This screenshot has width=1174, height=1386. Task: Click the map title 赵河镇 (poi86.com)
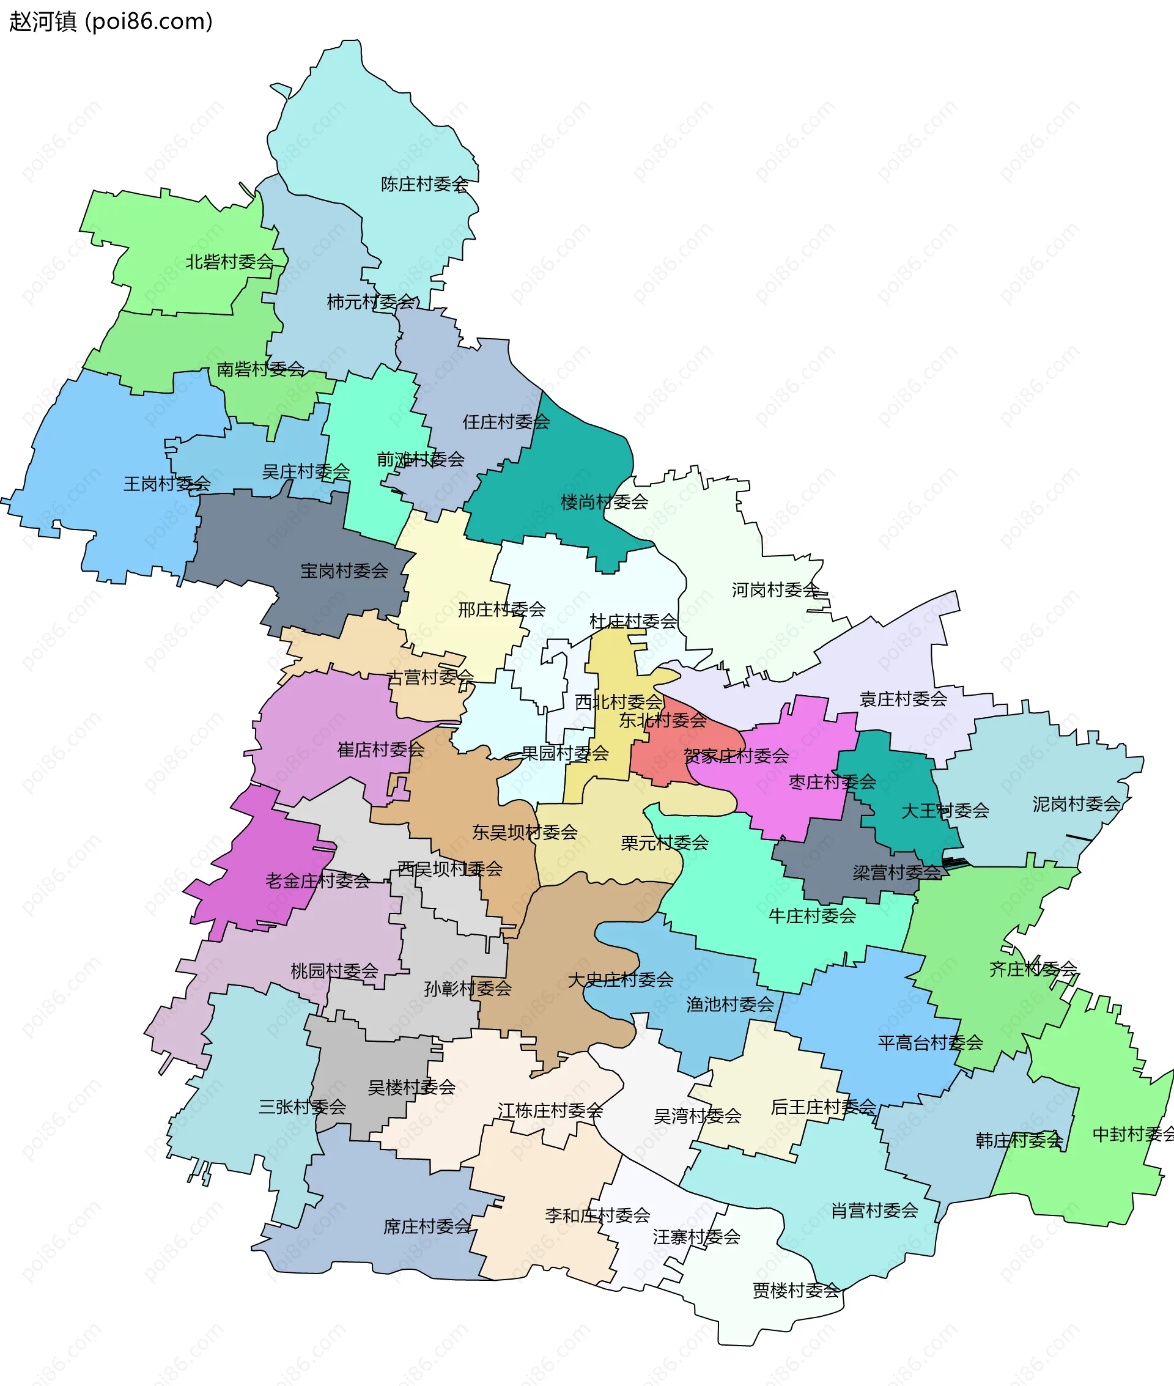111,21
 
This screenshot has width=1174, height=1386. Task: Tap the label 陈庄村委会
424,184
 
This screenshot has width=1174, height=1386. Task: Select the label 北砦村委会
230,262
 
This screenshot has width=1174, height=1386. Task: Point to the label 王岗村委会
167,484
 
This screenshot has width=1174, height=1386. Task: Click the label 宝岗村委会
344,571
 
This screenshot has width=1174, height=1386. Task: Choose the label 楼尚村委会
604,503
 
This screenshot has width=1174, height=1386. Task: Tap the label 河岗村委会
776,590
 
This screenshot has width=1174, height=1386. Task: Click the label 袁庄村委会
903,699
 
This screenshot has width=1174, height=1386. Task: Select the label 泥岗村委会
1076,805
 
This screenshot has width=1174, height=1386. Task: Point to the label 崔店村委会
381,750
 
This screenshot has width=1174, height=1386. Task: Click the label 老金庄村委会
317,881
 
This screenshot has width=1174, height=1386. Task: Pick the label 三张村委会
302,1107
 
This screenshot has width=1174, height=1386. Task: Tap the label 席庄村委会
427,1226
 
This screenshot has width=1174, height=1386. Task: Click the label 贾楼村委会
796,1291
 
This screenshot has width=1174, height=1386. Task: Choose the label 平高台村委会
930,1042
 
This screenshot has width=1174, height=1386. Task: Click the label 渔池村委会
730,1004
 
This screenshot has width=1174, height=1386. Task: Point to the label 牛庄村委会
812,916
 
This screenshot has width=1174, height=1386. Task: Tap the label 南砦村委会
261,369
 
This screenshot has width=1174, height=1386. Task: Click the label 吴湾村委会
698,1116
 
